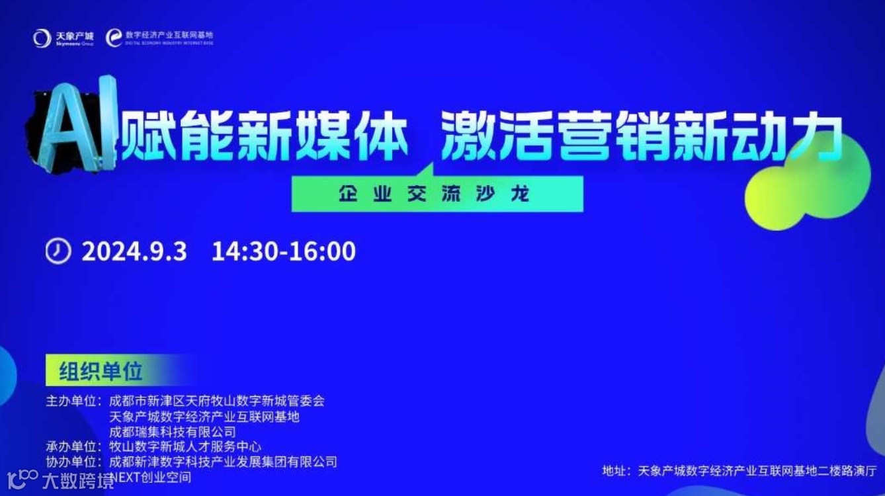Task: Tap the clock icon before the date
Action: tap(58, 251)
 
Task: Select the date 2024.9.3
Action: tap(134, 251)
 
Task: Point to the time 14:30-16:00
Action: tap(283, 251)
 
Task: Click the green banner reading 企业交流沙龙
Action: tap(437, 194)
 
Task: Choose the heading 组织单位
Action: tap(101, 371)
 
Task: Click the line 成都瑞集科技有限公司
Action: tap(172, 432)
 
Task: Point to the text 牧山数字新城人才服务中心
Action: tap(185, 446)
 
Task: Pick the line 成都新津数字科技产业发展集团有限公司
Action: tap(223, 462)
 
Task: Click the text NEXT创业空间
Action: tap(151, 477)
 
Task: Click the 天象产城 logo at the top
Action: tap(63, 38)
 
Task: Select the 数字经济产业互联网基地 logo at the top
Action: tap(160, 38)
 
